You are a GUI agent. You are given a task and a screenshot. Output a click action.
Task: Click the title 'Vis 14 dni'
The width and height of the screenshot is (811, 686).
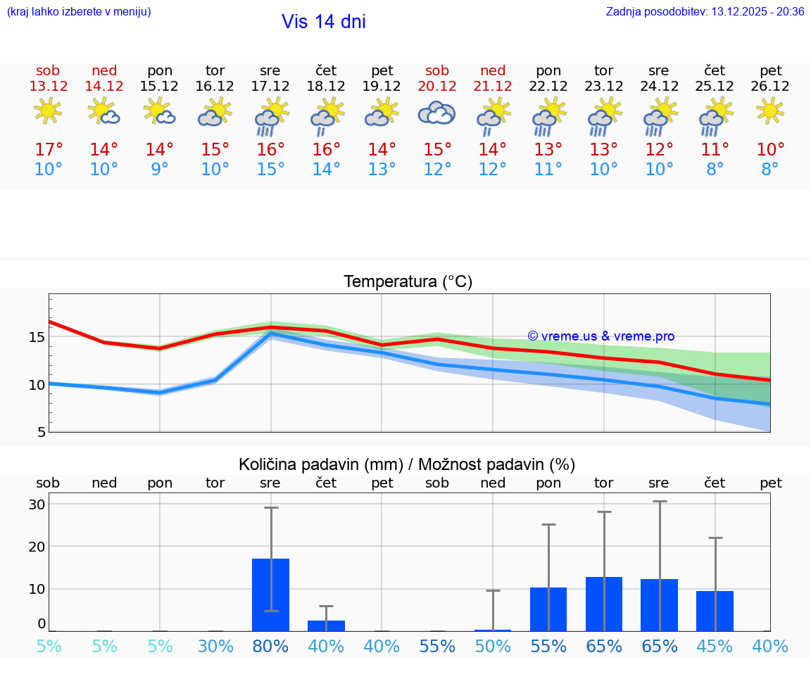(x=323, y=22)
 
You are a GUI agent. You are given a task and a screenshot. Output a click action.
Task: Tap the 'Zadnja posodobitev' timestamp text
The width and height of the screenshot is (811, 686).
(x=705, y=11)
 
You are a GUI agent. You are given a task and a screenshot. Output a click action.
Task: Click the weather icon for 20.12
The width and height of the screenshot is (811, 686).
(x=436, y=113)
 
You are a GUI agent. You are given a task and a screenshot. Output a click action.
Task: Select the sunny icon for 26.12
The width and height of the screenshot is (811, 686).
(x=770, y=110)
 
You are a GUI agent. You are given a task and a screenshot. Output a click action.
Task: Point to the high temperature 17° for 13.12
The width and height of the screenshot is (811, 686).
(x=49, y=150)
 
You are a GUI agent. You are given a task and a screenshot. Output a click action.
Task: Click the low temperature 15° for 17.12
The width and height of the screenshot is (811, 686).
(x=270, y=170)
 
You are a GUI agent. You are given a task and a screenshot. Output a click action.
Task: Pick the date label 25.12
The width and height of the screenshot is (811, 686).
(x=715, y=86)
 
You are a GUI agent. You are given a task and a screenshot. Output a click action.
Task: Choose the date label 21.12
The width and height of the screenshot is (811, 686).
(x=493, y=86)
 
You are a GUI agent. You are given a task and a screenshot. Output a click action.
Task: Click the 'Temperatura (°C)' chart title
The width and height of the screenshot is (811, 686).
(x=408, y=282)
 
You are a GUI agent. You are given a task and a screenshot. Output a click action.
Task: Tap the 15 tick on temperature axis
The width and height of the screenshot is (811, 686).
(x=37, y=337)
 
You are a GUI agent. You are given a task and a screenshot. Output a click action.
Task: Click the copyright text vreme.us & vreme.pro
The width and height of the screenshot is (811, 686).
(x=601, y=336)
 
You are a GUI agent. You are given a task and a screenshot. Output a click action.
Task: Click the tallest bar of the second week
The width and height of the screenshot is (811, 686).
(x=603, y=604)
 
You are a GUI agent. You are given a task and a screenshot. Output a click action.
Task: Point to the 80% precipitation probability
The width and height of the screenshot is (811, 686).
(x=270, y=647)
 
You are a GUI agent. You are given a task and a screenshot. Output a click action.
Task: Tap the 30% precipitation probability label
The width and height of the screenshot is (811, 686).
(x=215, y=647)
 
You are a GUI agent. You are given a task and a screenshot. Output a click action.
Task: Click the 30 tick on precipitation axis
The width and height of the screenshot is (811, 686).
(x=37, y=504)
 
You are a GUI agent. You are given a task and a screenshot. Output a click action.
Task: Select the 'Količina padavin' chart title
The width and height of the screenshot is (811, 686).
(x=407, y=464)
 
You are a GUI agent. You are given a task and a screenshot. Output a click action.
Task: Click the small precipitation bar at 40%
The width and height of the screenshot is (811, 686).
(x=326, y=625)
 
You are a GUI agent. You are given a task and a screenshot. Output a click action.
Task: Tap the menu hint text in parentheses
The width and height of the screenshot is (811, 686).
(x=79, y=11)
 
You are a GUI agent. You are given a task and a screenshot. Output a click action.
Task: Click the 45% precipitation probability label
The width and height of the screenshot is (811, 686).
(x=715, y=647)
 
